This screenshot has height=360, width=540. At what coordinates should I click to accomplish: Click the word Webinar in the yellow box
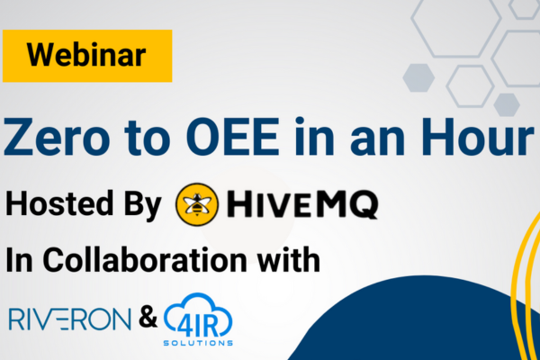pyautogui.click(x=86, y=56)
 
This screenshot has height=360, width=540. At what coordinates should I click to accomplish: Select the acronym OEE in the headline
pyautogui.click(x=232, y=137)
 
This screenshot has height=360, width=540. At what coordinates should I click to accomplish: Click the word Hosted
pyautogui.click(x=58, y=203)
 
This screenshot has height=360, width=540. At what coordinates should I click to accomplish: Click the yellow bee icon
pyautogui.click(x=197, y=204)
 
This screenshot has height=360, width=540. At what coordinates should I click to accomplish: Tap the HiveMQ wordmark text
pyautogui.click(x=302, y=204)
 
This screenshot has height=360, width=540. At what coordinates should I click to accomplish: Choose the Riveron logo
pyautogui.click(x=70, y=319)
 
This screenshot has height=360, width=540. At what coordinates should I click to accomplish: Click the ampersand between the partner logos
pyautogui.click(x=148, y=318)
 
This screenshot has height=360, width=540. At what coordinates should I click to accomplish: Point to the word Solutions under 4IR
pyautogui.click(x=198, y=343)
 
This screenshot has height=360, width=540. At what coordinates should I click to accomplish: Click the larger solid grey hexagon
pyautogui.click(x=418, y=78)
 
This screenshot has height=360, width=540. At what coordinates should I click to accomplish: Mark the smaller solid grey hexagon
pyautogui.click(x=506, y=104)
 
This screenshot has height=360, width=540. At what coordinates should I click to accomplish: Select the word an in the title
pyautogui.click(x=377, y=142)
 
